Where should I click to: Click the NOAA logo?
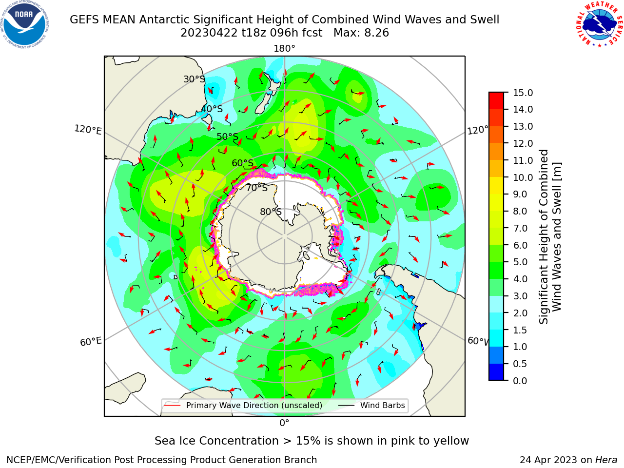click(x=25, y=24)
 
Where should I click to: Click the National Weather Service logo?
click(x=599, y=24)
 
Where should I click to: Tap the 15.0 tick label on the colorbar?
click(x=523, y=93)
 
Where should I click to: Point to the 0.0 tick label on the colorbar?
click(x=520, y=381)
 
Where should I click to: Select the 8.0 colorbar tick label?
click(x=520, y=211)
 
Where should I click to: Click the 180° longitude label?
click(x=284, y=49)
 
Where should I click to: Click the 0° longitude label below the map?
click(x=284, y=423)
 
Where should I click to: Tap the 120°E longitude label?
click(x=88, y=130)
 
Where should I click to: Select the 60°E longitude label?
click(x=91, y=342)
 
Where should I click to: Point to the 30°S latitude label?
click(x=194, y=79)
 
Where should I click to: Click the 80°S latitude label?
click(x=271, y=212)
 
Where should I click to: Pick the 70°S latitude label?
click(x=257, y=188)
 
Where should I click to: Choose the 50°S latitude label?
click(x=228, y=136)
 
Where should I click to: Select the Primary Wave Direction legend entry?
click(x=243, y=405)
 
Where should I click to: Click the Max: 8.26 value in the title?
click(x=361, y=33)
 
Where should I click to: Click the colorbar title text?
click(x=550, y=237)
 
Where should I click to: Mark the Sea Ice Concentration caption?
click(x=312, y=441)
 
